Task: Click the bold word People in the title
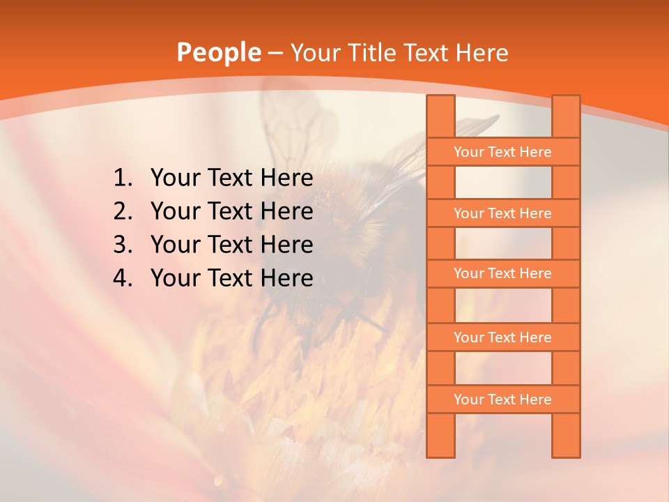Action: (x=218, y=52)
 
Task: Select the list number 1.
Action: (x=122, y=178)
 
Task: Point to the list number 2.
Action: (x=122, y=211)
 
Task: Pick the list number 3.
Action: (x=122, y=245)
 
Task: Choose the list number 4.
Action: (x=122, y=278)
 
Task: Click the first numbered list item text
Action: (x=231, y=178)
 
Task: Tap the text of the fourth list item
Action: (x=231, y=278)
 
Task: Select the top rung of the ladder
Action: (x=502, y=152)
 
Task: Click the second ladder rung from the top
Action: (x=502, y=213)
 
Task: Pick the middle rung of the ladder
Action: (x=502, y=273)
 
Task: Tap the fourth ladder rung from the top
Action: (x=502, y=337)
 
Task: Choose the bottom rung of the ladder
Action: (x=502, y=400)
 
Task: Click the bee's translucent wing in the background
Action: (x=293, y=125)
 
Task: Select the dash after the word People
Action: (x=275, y=53)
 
